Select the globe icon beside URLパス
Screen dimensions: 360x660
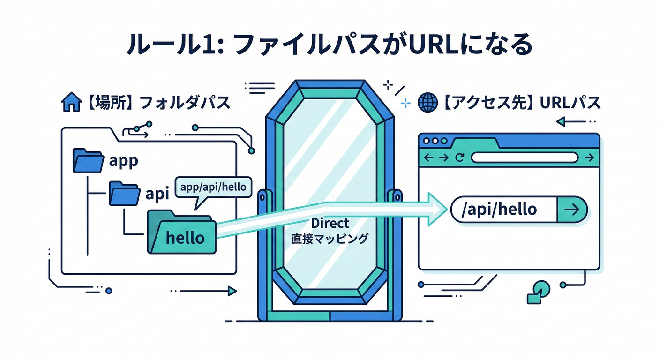[428, 102]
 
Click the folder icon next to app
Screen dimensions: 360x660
[88, 160]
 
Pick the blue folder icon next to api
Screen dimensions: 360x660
[124, 193]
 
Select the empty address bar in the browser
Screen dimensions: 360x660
[524, 158]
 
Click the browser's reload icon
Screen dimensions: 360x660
[459, 158]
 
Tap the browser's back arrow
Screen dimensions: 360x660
[428, 158]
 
